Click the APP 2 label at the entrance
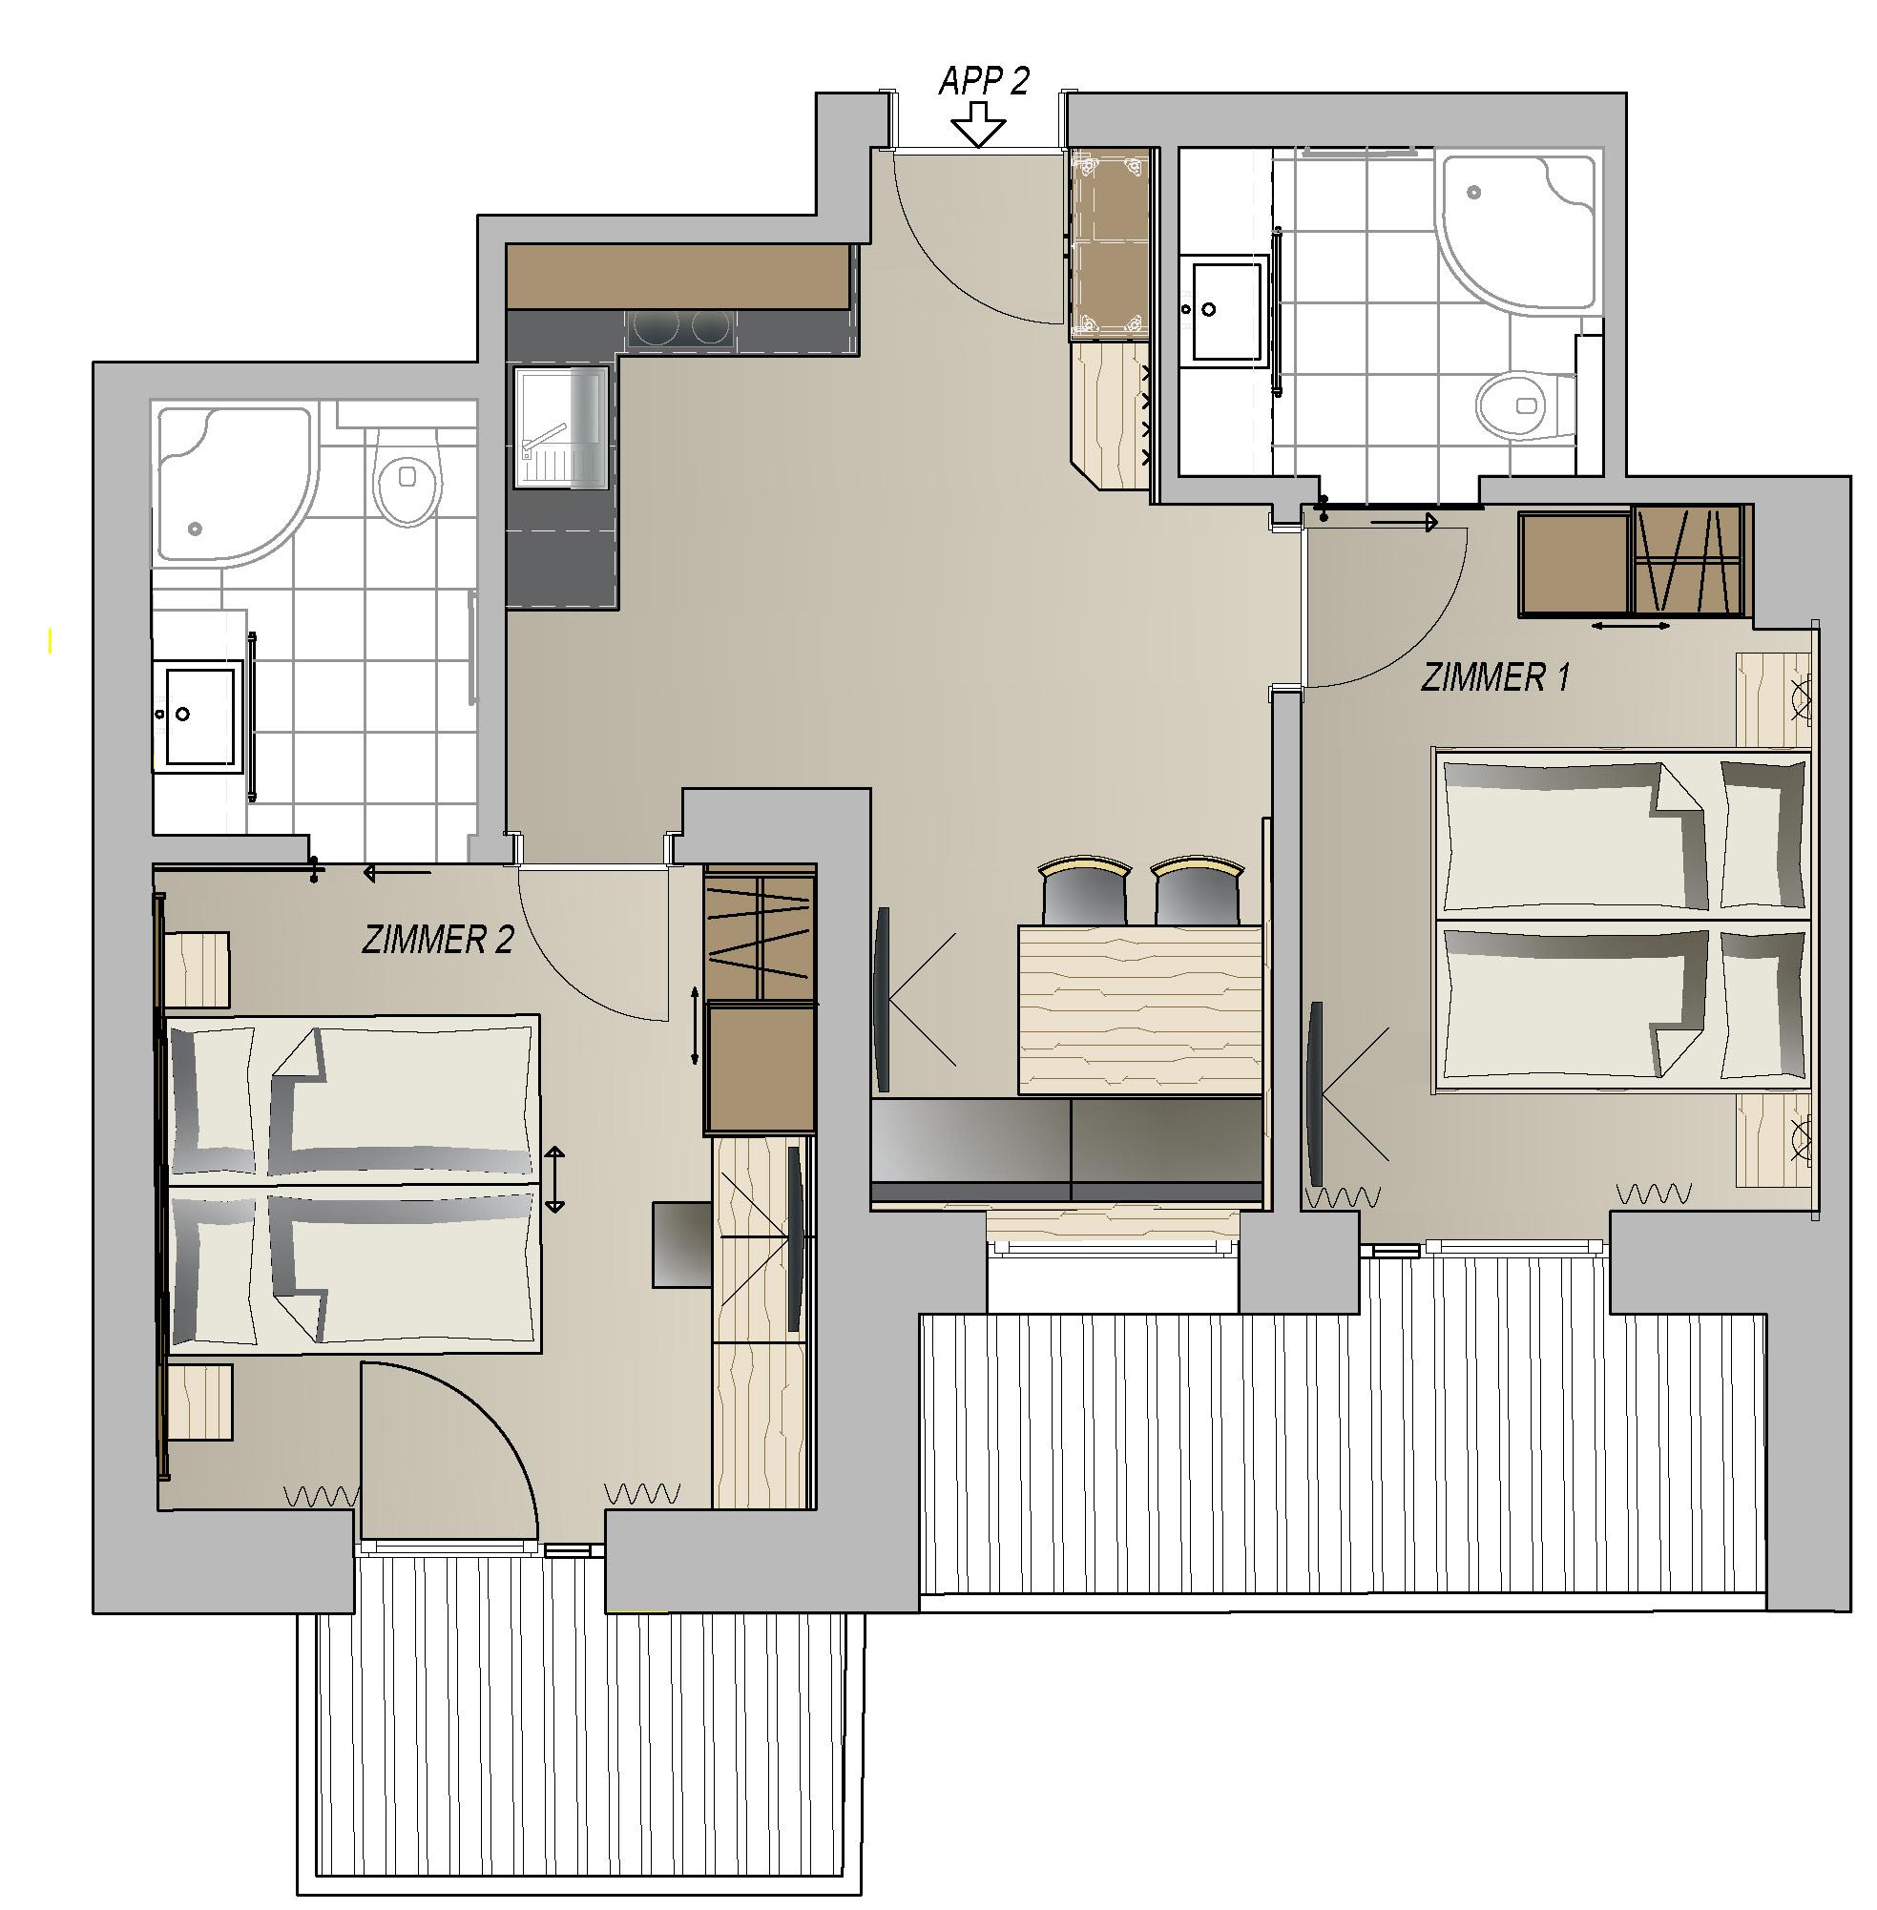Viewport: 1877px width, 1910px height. coord(983,81)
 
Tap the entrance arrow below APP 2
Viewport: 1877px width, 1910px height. coord(978,125)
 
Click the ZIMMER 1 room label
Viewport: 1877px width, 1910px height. coord(1494,678)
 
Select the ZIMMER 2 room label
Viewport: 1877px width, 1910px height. coord(438,941)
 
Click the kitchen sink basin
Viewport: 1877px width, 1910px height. coord(559,426)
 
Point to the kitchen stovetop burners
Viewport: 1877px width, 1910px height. coord(680,327)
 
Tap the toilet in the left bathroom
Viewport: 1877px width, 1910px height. coord(407,485)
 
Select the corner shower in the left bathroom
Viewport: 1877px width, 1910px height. coord(234,485)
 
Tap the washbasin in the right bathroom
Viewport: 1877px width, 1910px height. coord(1223,310)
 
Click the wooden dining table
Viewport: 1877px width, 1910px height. coord(1139,1009)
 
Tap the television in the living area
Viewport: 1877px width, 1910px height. coord(883,998)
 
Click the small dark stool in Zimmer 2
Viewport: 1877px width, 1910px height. coord(682,1244)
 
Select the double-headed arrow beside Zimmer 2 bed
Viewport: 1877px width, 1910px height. coord(555,1178)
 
